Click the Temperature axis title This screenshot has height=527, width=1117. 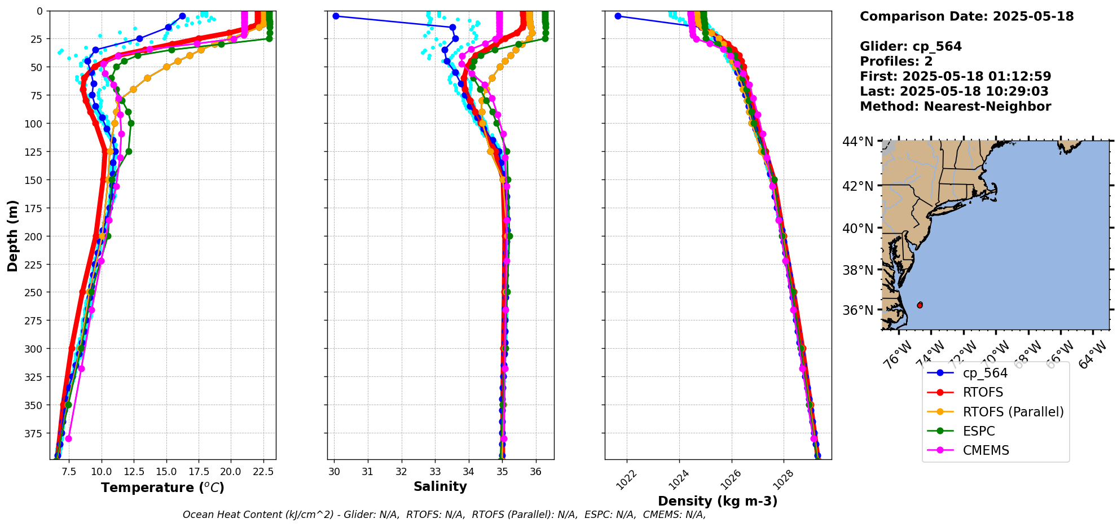(x=162, y=488)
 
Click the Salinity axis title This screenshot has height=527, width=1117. (x=440, y=487)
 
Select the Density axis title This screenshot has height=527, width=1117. (x=718, y=501)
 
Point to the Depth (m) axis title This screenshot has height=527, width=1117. (x=12, y=235)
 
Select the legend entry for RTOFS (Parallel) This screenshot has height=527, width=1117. (x=1013, y=412)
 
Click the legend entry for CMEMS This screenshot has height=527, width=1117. (x=986, y=450)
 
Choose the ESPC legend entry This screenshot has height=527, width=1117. (x=979, y=431)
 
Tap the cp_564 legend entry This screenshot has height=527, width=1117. (x=984, y=373)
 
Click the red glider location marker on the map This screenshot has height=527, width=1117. (x=920, y=305)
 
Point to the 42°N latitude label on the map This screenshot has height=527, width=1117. (x=857, y=186)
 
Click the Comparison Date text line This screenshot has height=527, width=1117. (x=966, y=16)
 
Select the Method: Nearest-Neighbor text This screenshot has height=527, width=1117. (x=955, y=107)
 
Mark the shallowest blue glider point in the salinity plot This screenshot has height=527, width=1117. (x=336, y=16)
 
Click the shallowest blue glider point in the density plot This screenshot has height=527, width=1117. (x=618, y=16)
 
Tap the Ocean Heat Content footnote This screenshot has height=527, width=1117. (x=444, y=515)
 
